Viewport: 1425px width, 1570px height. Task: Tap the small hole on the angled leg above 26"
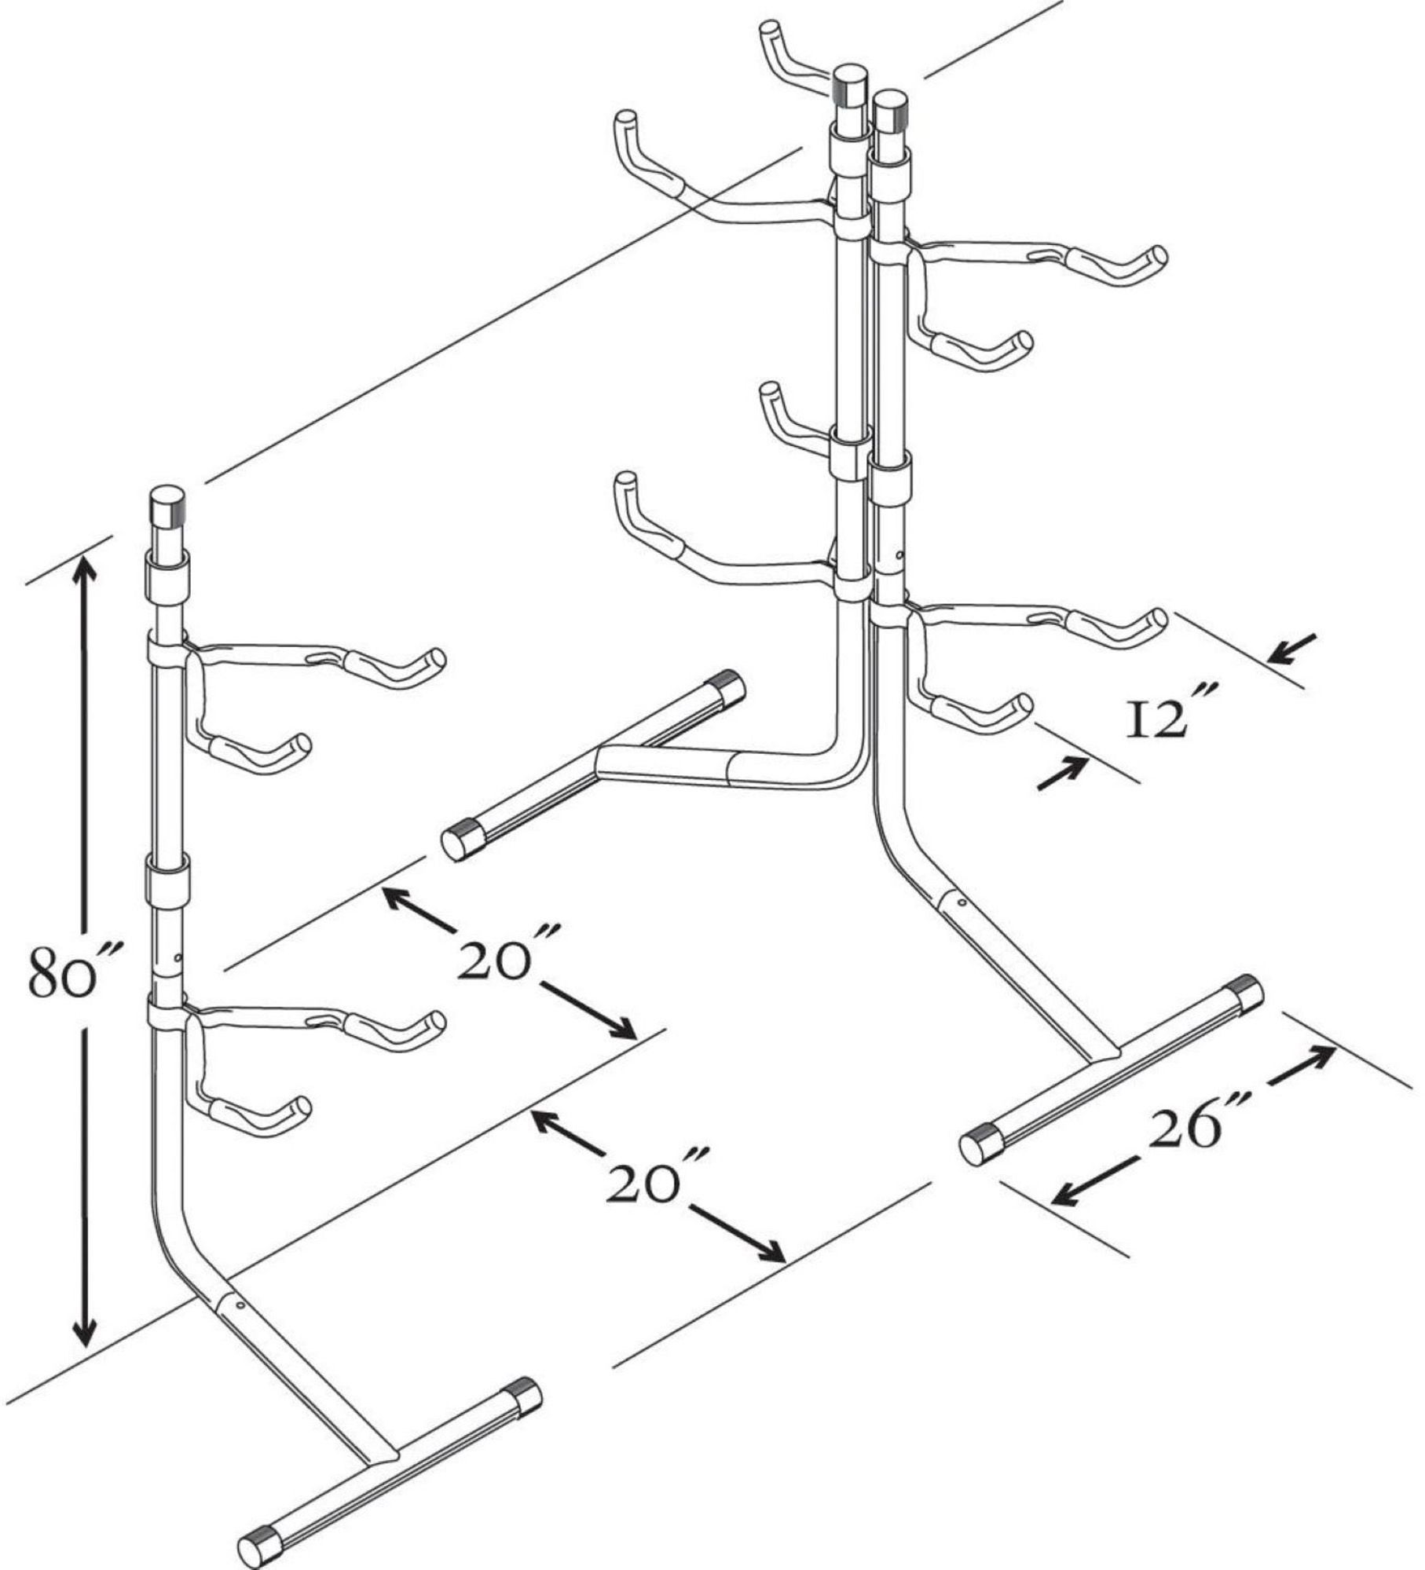(x=964, y=905)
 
